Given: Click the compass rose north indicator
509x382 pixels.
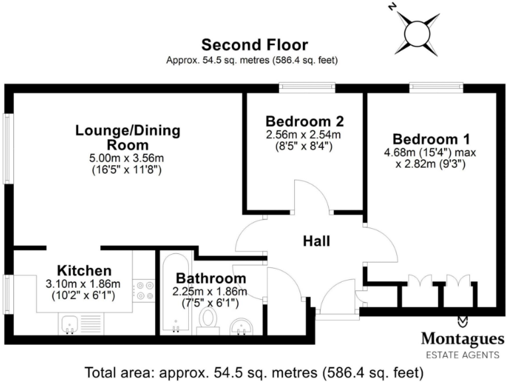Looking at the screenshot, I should (418, 31).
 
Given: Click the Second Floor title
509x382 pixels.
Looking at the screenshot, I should (254, 45).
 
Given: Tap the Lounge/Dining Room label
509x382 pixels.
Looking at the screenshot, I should (127, 137).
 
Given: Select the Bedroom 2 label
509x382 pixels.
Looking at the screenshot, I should (304, 121).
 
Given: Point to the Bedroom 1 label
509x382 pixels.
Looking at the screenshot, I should (431, 139).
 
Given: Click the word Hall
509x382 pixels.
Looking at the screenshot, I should (317, 241).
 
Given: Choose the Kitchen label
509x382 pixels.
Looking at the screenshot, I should (84, 270).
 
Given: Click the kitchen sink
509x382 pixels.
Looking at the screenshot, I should (70, 324).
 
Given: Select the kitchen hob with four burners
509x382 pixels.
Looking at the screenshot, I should (144, 290).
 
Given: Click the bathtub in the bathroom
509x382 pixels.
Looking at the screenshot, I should (176, 295).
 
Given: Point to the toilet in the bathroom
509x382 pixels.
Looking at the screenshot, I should (209, 320).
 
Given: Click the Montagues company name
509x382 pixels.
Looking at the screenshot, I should (463, 338).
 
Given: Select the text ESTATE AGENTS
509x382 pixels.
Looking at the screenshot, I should (463, 355).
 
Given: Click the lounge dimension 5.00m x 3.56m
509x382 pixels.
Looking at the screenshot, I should (127, 158).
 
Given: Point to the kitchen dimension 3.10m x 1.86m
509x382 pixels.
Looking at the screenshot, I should (84, 284).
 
